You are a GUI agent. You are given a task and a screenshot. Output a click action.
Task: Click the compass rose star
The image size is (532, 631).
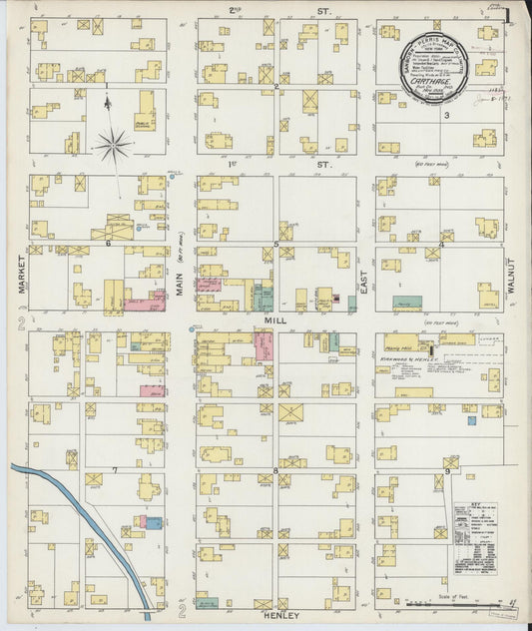(x=114, y=147)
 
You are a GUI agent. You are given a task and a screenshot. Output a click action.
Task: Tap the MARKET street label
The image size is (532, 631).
(x=20, y=273)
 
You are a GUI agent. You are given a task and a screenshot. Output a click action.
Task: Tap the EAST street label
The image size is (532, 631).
(x=365, y=287)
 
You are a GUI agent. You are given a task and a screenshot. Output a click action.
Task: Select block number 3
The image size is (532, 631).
(x=448, y=116)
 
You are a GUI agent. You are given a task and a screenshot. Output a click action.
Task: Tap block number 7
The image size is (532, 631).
(x=115, y=468)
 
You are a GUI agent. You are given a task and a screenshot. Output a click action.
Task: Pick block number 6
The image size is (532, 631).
(x=107, y=243)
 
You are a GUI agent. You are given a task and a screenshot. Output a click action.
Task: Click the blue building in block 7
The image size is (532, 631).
(x=154, y=522)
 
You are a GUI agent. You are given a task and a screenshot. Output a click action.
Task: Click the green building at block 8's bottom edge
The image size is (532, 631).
(x=208, y=602)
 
